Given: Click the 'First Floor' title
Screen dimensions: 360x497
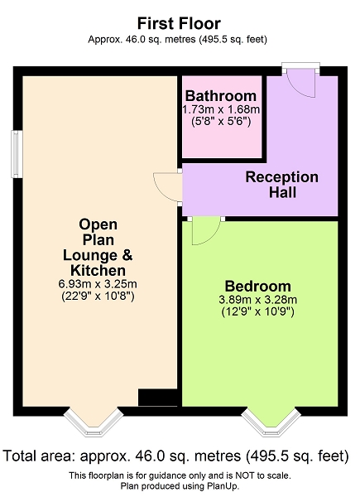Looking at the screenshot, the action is (179, 24).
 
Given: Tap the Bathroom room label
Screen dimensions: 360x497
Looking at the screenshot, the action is (221, 96).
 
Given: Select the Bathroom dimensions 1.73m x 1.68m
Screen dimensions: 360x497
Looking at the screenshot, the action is (221, 109).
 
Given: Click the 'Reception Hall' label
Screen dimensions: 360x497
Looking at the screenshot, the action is (282, 185).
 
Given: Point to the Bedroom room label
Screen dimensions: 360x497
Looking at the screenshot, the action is (257, 286).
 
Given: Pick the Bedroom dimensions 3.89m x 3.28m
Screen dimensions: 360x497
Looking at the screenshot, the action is (257, 300).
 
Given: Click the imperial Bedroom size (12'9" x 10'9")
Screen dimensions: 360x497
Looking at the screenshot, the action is (257, 311).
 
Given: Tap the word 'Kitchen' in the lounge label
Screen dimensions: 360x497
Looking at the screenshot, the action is (98, 270).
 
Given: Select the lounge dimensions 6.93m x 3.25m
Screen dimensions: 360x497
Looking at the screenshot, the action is (98, 283).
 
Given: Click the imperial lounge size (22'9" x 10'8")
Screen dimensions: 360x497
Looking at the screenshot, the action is (98, 296).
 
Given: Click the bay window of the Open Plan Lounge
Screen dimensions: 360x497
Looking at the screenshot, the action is (93, 422).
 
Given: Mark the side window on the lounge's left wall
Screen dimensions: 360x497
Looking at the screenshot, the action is (17, 154).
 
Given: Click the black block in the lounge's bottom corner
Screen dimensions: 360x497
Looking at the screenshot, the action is (157, 398).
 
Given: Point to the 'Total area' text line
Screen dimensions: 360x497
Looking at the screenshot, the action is (175, 456).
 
